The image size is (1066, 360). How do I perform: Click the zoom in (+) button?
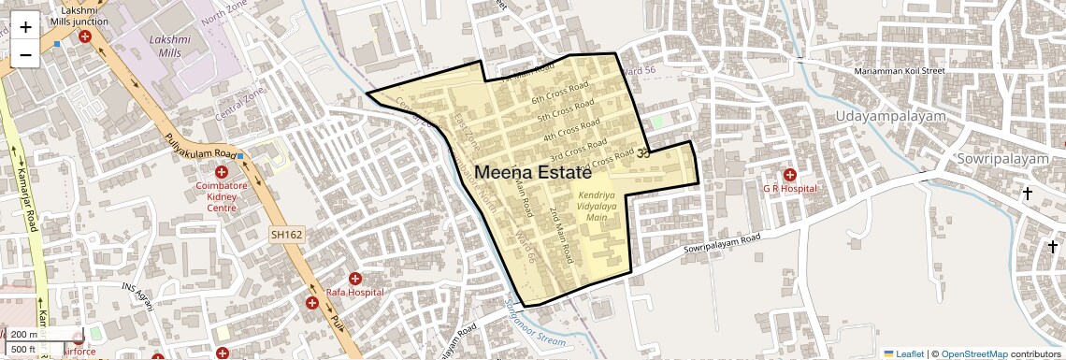point(25,26)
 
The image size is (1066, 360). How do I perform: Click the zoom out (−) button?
point(25,54)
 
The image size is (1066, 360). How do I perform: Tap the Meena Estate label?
point(534,173)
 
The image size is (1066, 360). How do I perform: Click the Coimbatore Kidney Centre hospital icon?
point(222,172)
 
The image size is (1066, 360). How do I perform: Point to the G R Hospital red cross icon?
point(790,175)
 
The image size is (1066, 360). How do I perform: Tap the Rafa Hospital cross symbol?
point(355,279)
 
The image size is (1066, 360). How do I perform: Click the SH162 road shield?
point(286,235)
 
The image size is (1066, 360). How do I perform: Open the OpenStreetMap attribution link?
point(973,354)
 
